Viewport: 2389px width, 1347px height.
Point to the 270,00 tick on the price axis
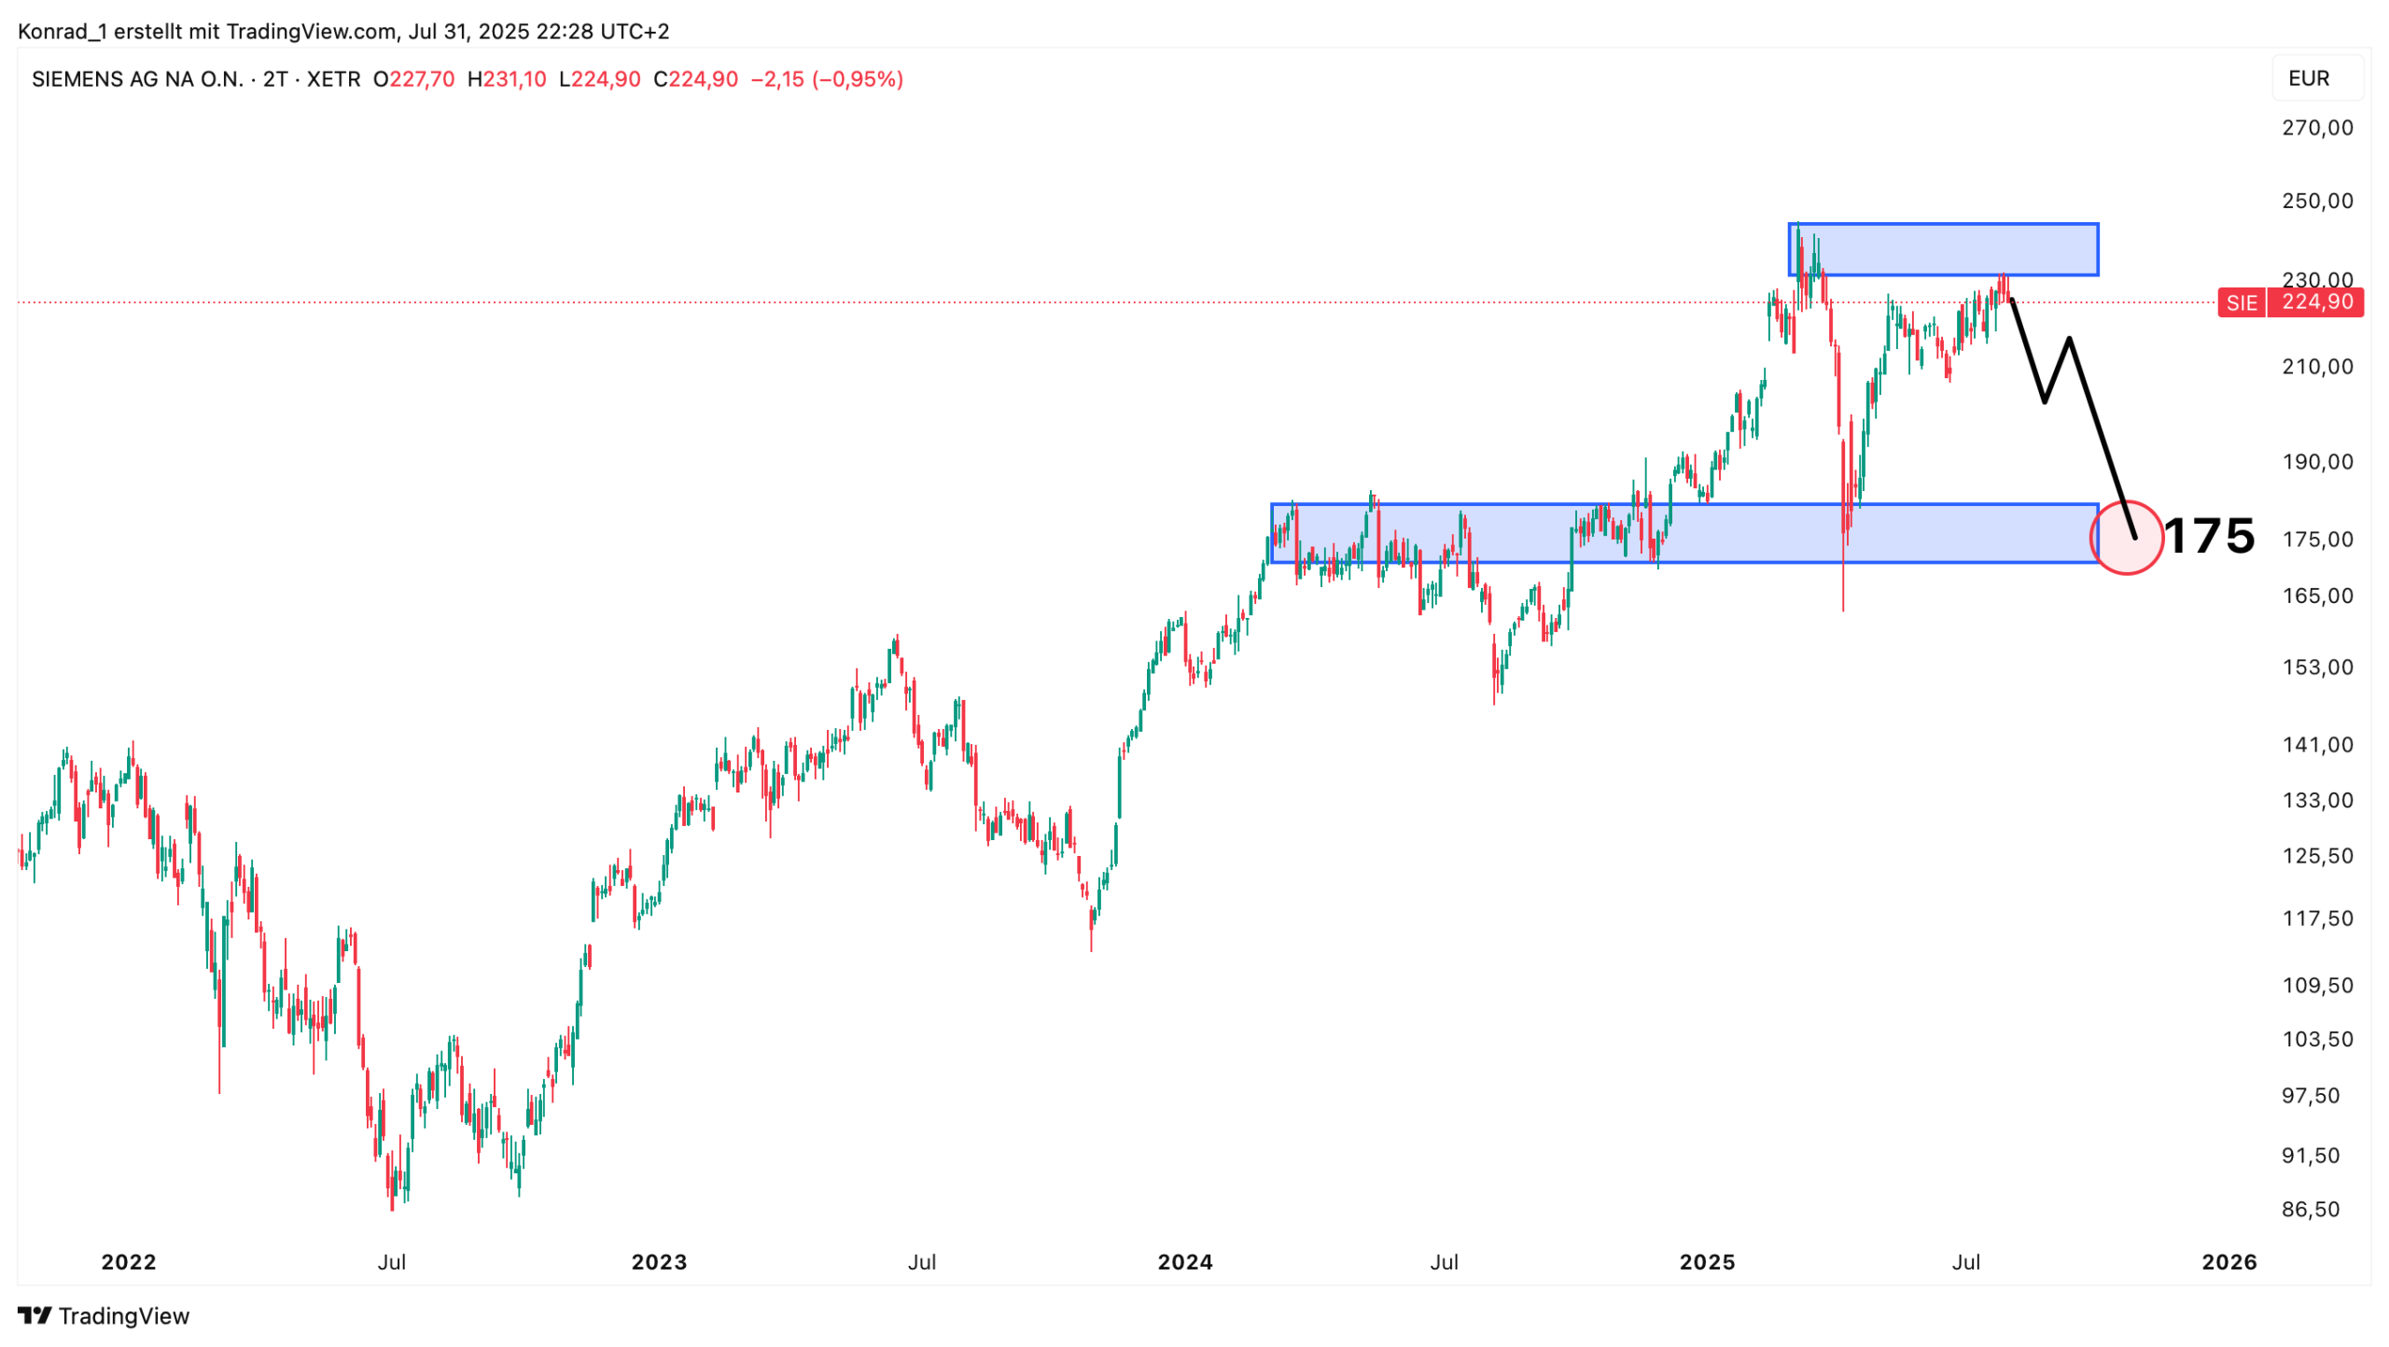(2316, 128)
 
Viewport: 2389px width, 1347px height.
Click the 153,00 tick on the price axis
(2316, 666)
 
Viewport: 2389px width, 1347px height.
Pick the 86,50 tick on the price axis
(2310, 1209)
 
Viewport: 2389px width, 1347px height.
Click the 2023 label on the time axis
(659, 1262)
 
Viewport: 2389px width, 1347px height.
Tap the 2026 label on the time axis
(2228, 1262)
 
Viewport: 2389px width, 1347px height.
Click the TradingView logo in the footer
(104, 1315)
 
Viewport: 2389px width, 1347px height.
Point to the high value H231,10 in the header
(507, 79)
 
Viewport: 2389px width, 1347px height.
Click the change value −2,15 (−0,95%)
(826, 79)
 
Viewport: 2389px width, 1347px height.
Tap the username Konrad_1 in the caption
(62, 32)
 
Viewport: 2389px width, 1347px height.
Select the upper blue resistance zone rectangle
(1943, 249)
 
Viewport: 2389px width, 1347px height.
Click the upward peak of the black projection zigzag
(2069, 339)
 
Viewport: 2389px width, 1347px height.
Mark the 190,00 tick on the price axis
(2316, 461)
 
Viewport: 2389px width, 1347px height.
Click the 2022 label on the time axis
(129, 1262)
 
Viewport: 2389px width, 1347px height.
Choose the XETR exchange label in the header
(333, 79)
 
